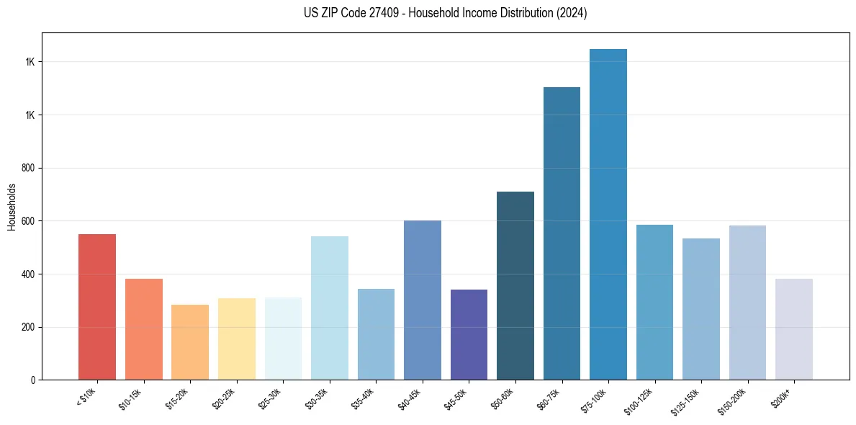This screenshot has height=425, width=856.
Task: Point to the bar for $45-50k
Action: (x=469, y=334)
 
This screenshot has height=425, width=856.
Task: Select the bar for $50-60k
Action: (x=515, y=285)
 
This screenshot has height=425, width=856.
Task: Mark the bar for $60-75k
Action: (x=562, y=233)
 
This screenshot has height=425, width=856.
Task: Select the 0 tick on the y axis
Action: (x=34, y=380)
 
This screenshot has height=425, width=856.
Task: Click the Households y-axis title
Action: (x=12, y=206)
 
